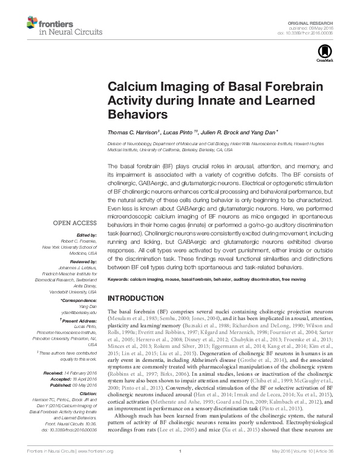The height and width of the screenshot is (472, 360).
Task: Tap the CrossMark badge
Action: [321, 57]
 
